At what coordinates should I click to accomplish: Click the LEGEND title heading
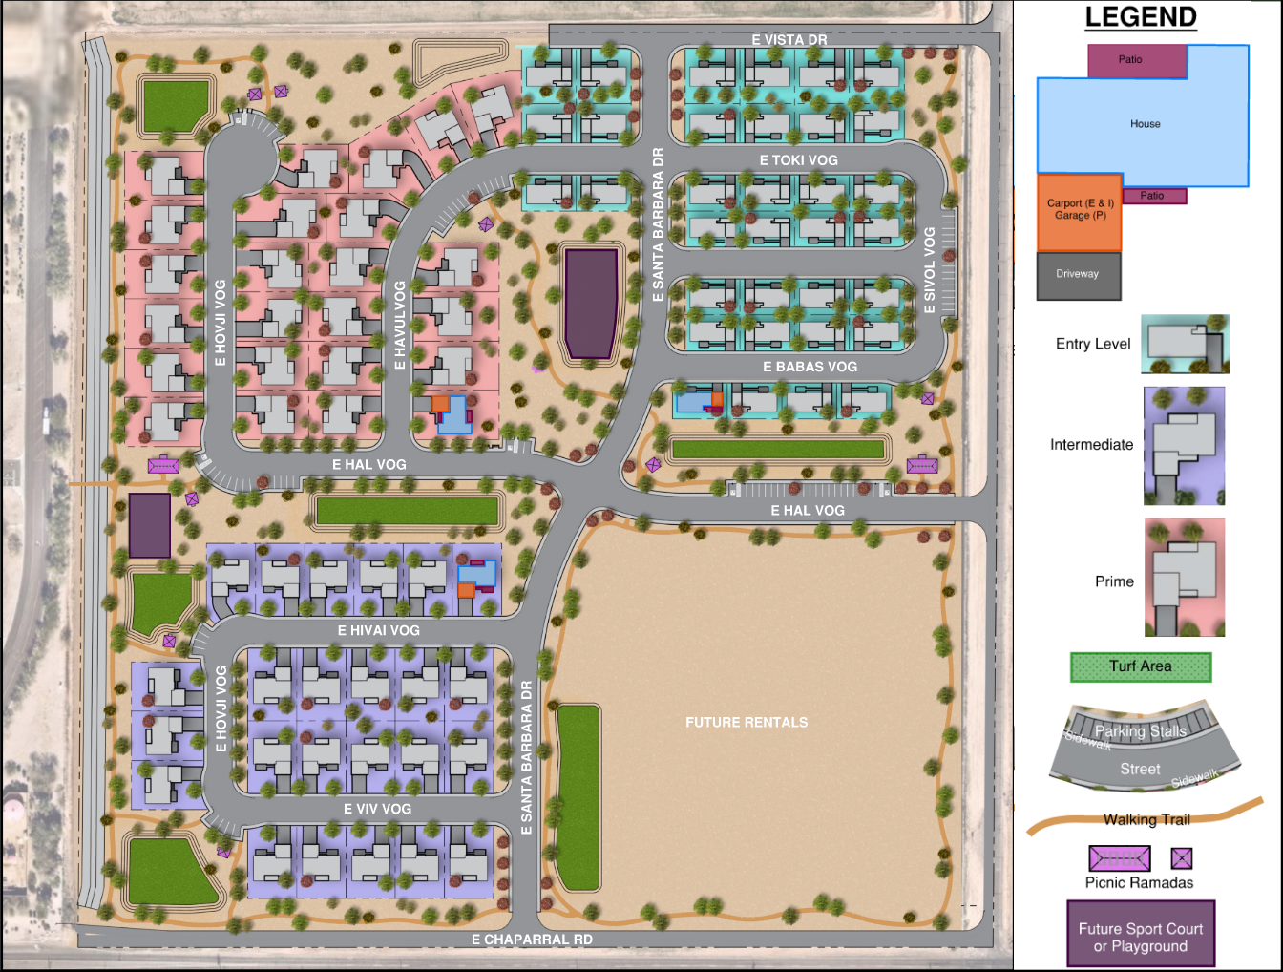1141,17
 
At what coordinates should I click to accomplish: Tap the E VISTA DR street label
789,40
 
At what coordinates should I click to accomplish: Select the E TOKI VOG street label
798,160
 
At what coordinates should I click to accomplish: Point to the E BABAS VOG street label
810,367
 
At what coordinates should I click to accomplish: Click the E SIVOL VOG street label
930,270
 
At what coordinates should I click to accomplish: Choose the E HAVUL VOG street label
400,325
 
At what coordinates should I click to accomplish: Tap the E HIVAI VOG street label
378,630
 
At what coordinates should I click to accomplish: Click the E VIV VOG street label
377,809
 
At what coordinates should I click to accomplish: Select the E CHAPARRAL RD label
532,940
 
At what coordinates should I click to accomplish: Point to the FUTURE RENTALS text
747,723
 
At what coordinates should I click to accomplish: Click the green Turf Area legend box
1141,666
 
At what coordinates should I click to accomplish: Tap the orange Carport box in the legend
1080,212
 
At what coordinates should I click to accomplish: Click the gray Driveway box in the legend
1079,275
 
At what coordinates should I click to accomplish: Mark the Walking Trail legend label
1146,819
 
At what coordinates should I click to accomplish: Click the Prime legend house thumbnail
1185,578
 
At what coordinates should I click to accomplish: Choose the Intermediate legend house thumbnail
1184,446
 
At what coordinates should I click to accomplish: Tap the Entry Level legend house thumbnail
1185,344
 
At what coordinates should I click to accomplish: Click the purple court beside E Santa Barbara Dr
591,304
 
